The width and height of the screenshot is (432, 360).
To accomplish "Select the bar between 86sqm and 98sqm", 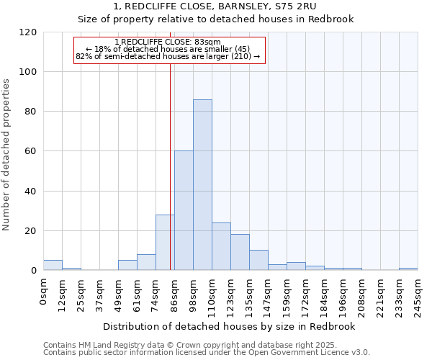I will [x=184, y=210].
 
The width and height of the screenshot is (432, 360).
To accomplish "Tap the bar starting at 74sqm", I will [x=165, y=243].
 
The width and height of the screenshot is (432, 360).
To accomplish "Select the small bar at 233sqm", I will [x=408, y=269].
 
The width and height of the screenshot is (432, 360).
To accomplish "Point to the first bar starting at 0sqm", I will [x=53, y=265].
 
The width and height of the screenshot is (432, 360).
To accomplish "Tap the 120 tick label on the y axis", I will [x=27, y=32].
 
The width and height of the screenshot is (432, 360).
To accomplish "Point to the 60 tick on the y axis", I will [x=30, y=151].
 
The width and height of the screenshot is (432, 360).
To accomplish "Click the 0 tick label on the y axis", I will [x=33, y=271].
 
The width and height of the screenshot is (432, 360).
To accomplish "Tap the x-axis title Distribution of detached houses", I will [x=230, y=326].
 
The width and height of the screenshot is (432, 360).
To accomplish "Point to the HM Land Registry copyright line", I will [x=206, y=345].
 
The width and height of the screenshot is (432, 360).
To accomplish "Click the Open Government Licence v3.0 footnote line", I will [x=206, y=352].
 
